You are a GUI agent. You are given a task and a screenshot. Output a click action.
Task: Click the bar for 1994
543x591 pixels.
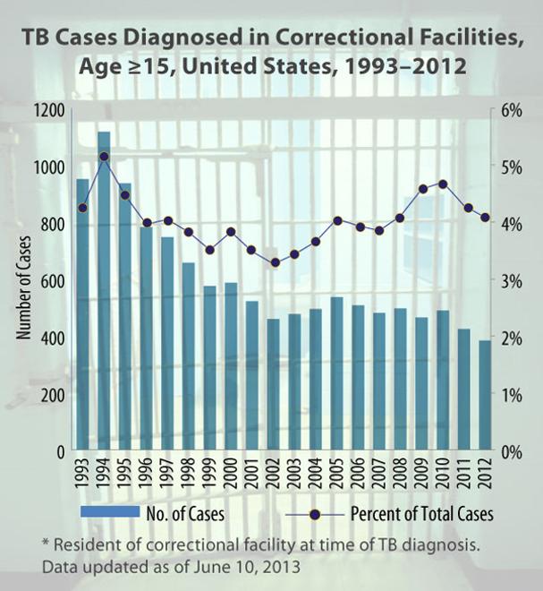[x=104, y=291]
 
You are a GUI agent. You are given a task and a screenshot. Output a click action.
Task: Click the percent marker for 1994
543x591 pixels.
[x=104, y=157]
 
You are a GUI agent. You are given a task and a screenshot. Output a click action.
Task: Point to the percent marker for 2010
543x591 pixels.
[x=442, y=184]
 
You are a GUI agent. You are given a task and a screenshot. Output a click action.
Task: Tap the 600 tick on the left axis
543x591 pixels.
[x=53, y=280]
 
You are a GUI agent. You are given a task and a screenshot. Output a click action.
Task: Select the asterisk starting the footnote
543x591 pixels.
[x=46, y=544]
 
